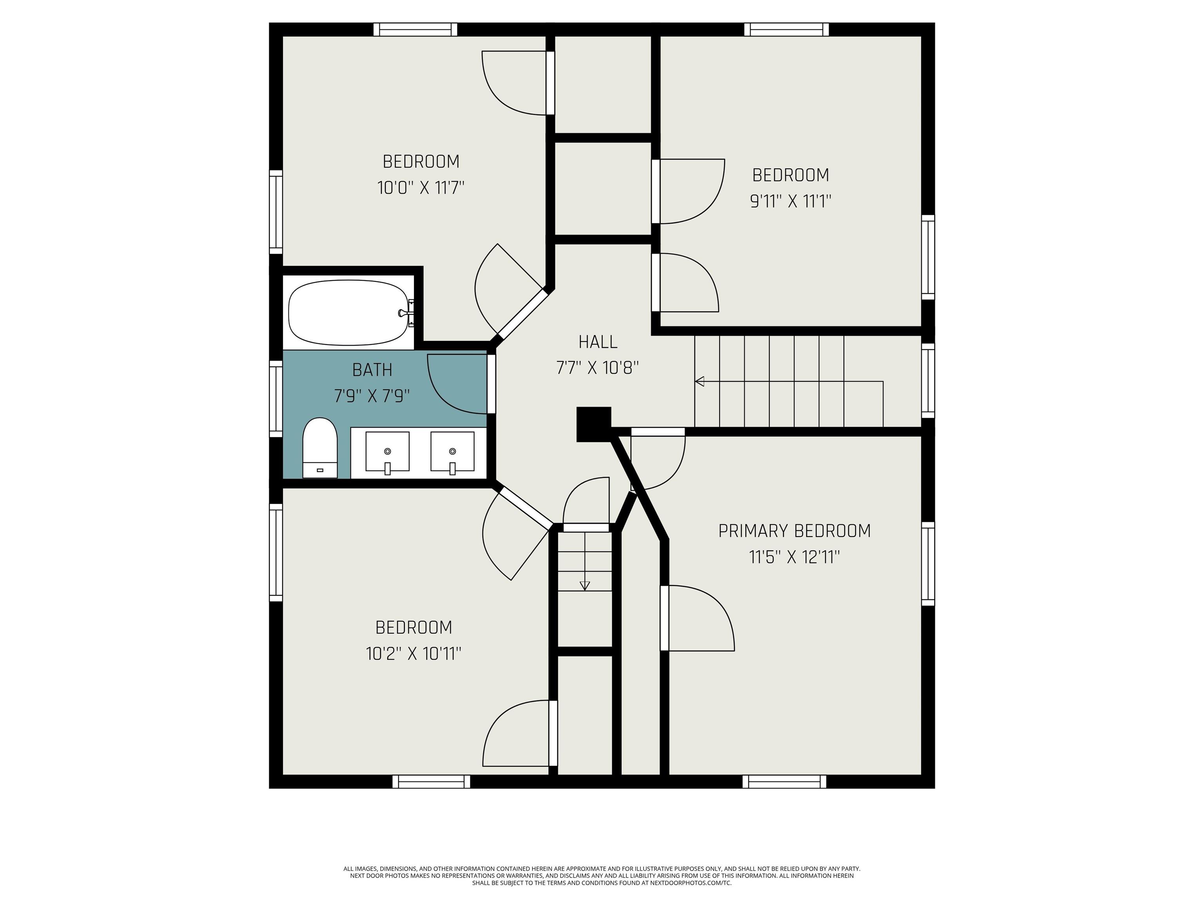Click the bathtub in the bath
click(x=347, y=312)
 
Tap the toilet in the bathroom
click(x=319, y=448)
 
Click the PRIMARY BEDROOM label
click(x=794, y=531)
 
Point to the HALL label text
click(x=598, y=342)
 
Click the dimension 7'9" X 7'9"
click(x=372, y=396)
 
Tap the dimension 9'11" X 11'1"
click(x=791, y=201)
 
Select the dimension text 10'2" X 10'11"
click(x=413, y=653)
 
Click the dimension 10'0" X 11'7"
click(x=421, y=188)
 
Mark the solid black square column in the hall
click(x=594, y=424)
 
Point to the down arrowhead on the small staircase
click(x=585, y=586)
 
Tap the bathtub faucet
click(x=404, y=313)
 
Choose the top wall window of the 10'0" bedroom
click(x=415, y=29)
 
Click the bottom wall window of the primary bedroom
click(x=784, y=782)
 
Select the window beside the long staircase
click(x=927, y=381)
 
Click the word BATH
click(x=372, y=370)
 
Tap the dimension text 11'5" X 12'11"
click(x=794, y=557)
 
